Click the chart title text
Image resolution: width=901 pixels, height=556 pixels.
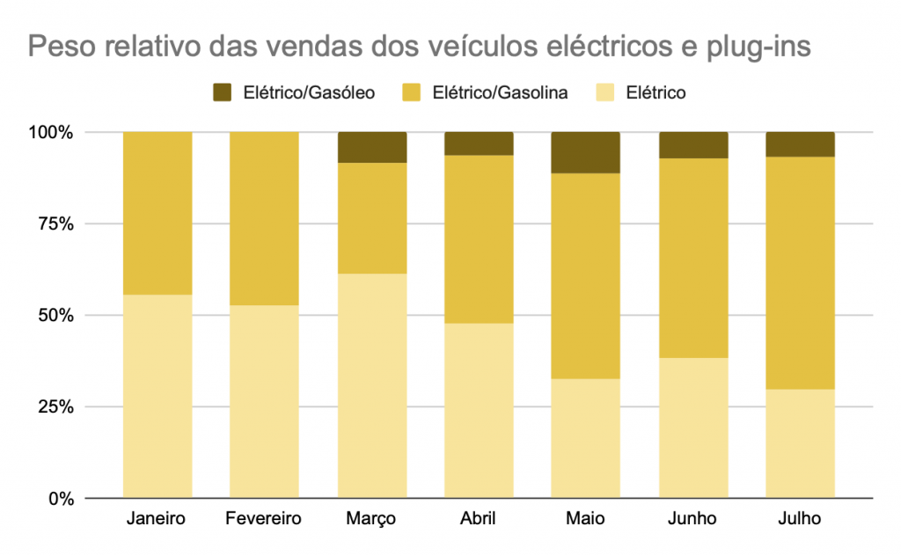click(x=419, y=46)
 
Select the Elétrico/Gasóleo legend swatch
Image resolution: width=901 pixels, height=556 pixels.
click(x=223, y=92)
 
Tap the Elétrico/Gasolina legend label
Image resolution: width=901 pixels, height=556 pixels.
click(x=500, y=92)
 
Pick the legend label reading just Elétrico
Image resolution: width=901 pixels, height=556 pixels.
click(x=655, y=92)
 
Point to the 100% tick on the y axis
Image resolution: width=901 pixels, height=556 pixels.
click(x=55, y=133)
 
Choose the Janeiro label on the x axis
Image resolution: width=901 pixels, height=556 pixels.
click(x=157, y=518)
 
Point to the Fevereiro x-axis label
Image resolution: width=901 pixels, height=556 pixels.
click(x=264, y=518)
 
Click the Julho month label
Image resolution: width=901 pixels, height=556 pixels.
click(x=799, y=518)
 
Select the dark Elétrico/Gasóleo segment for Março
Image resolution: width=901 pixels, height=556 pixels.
click(x=371, y=147)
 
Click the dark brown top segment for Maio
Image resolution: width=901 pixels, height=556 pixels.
click(x=585, y=152)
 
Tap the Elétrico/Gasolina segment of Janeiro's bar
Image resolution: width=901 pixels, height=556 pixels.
click(x=157, y=213)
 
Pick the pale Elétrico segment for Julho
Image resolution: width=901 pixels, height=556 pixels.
click(x=800, y=443)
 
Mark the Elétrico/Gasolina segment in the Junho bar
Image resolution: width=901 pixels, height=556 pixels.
click(x=692, y=258)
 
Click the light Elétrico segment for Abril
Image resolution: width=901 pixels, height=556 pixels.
click(x=479, y=410)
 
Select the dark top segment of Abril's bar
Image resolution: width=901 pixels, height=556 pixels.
click(x=479, y=143)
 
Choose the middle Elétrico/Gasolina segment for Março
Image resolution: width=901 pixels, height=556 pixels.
click(x=371, y=218)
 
